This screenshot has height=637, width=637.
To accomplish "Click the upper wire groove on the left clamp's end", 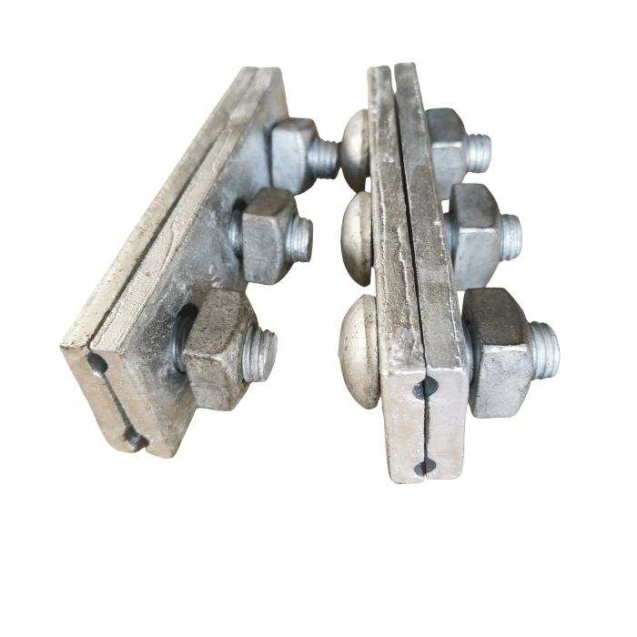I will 96,364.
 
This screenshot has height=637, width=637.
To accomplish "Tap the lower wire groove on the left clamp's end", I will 135,439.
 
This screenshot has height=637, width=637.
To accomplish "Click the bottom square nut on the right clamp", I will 497,350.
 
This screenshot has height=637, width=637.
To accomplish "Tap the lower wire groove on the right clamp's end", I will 426,468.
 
